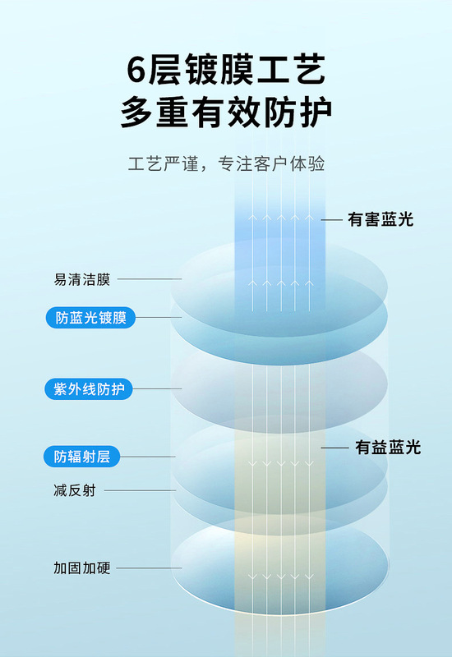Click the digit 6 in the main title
[137, 70]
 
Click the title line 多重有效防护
[226, 112]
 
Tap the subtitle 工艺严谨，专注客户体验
[227, 163]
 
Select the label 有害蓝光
[381, 219]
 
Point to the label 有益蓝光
[388, 448]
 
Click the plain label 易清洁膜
[81, 279]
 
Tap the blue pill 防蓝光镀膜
[90, 318]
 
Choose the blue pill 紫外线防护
[89, 389]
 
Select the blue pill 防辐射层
[81, 457]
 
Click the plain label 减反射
[75, 490]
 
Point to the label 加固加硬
[81, 568]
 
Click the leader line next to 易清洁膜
[150, 278]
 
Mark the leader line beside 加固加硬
[149, 568]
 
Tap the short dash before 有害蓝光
[332, 220]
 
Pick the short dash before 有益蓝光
[335, 448]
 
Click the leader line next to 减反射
[140, 490]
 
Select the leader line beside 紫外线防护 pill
[157, 388]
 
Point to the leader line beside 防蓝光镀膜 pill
[159, 317]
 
